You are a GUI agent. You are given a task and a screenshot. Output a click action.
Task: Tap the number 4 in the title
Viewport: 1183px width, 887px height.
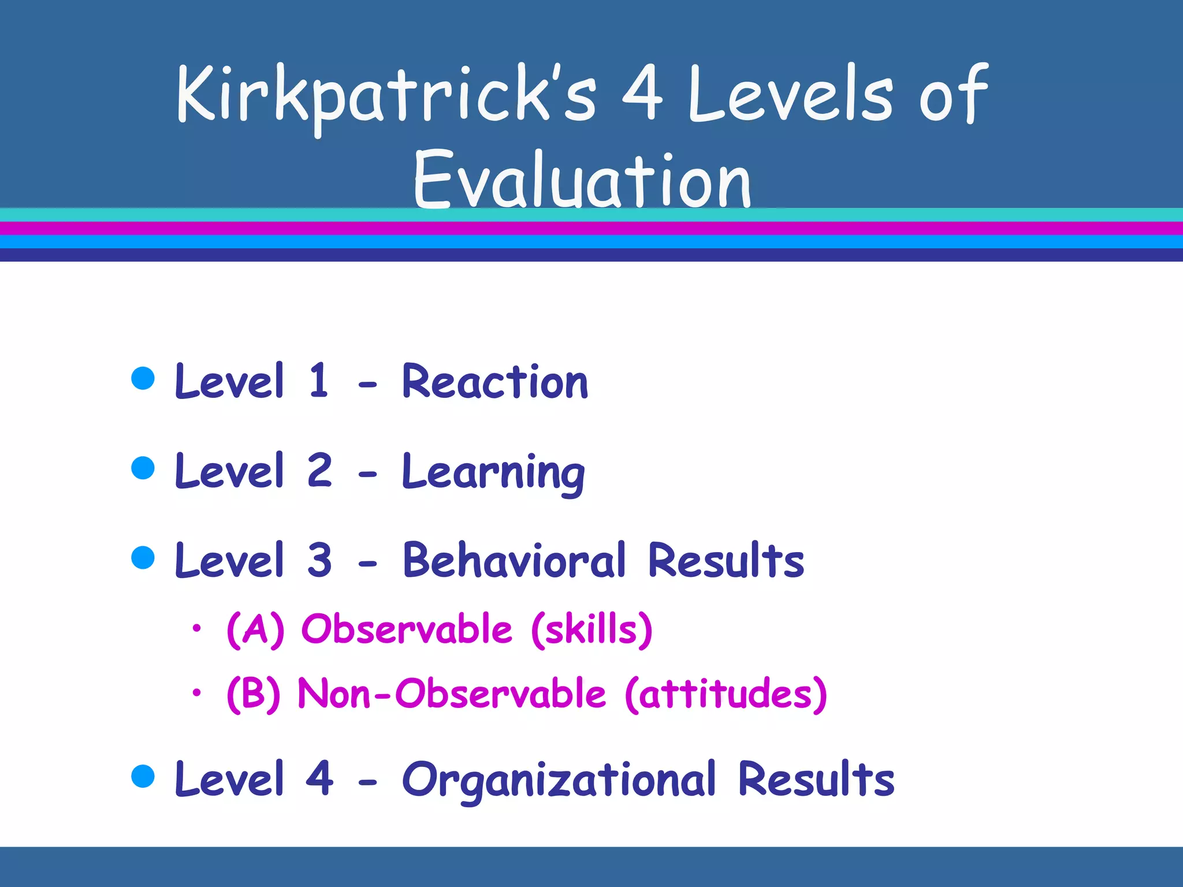tap(642, 94)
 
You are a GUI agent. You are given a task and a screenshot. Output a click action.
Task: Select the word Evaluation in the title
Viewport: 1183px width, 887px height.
tap(582, 180)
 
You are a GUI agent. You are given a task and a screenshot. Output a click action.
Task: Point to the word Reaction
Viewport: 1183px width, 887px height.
tap(495, 382)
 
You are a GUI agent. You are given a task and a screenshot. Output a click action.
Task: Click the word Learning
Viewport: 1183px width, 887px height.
tap(493, 473)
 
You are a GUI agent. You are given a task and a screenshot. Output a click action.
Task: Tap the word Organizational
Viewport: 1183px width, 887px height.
tap(559, 780)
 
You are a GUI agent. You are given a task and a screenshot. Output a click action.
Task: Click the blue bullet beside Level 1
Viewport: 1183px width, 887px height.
tap(143, 379)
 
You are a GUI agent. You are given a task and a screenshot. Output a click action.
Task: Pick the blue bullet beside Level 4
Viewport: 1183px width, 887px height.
tap(143, 776)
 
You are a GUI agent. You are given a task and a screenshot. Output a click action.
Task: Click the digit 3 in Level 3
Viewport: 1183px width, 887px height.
tap(319, 560)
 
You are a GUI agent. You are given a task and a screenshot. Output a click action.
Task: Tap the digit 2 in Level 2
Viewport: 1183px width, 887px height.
tap(319, 471)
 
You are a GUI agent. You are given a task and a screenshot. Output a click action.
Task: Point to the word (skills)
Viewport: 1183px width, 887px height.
tap(591, 629)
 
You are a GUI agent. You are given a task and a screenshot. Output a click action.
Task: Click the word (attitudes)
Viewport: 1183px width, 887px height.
tap(726, 694)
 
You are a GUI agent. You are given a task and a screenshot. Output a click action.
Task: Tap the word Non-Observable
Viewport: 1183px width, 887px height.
tap(452, 694)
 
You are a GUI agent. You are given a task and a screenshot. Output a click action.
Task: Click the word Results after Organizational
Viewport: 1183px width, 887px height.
tap(816, 780)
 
